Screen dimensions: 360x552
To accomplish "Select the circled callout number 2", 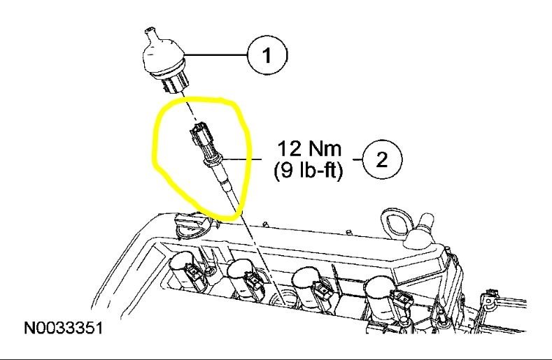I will click(381, 159).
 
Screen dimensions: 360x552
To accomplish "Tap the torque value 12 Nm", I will click(308, 149).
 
